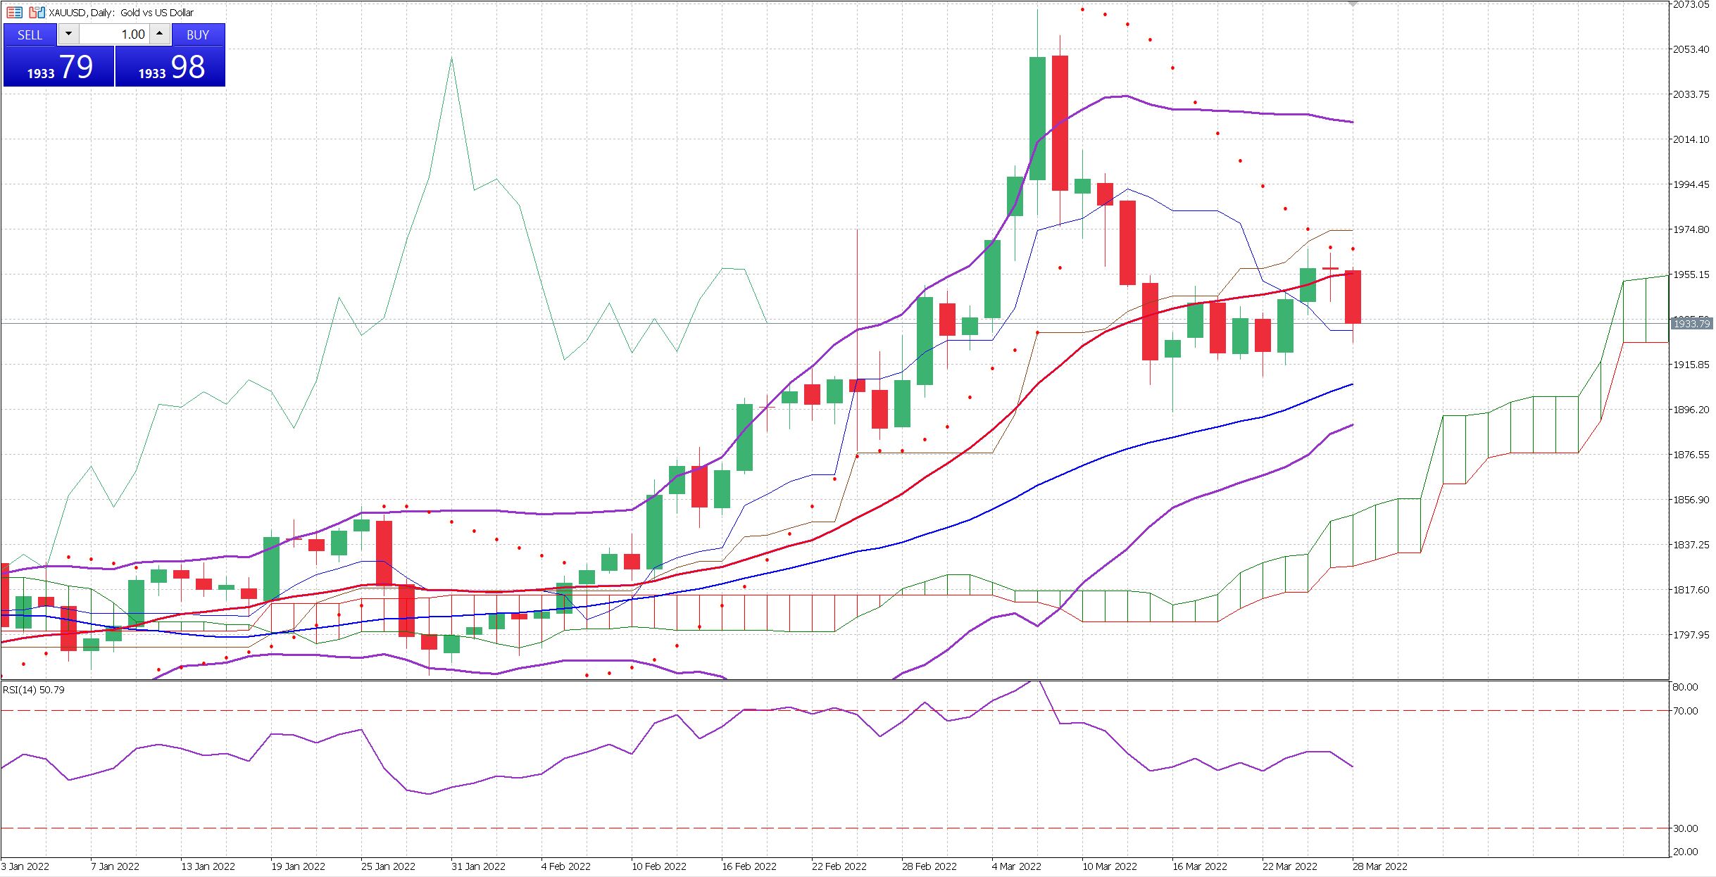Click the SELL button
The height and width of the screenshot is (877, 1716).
tap(30, 34)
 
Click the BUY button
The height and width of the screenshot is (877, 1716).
tap(197, 34)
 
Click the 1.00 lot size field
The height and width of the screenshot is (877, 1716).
tap(115, 34)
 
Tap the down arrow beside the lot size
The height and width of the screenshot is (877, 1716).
tap(68, 34)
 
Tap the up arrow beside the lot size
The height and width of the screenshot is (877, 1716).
tap(160, 34)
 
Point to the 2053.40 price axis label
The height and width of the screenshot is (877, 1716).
tap(1690, 49)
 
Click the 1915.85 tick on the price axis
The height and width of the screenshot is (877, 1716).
tap(1690, 365)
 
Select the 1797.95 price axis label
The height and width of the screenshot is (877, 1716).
tap(1690, 635)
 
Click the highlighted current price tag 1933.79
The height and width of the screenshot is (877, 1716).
tap(1691, 324)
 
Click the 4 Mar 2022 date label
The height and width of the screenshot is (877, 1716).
tap(1016, 866)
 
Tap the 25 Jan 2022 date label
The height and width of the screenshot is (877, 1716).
tap(388, 866)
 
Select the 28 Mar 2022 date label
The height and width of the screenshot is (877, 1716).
tap(1379, 866)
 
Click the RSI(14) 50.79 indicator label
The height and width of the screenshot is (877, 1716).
tap(34, 690)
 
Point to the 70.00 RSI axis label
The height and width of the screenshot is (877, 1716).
tap(1685, 711)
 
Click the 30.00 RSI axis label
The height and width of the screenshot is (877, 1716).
tap(1685, 828)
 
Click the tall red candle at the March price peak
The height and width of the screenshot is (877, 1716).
tap(1060, 123)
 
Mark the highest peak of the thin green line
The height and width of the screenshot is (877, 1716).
tap(451, 58)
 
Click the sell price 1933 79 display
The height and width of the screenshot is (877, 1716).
tap(59, 68)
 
